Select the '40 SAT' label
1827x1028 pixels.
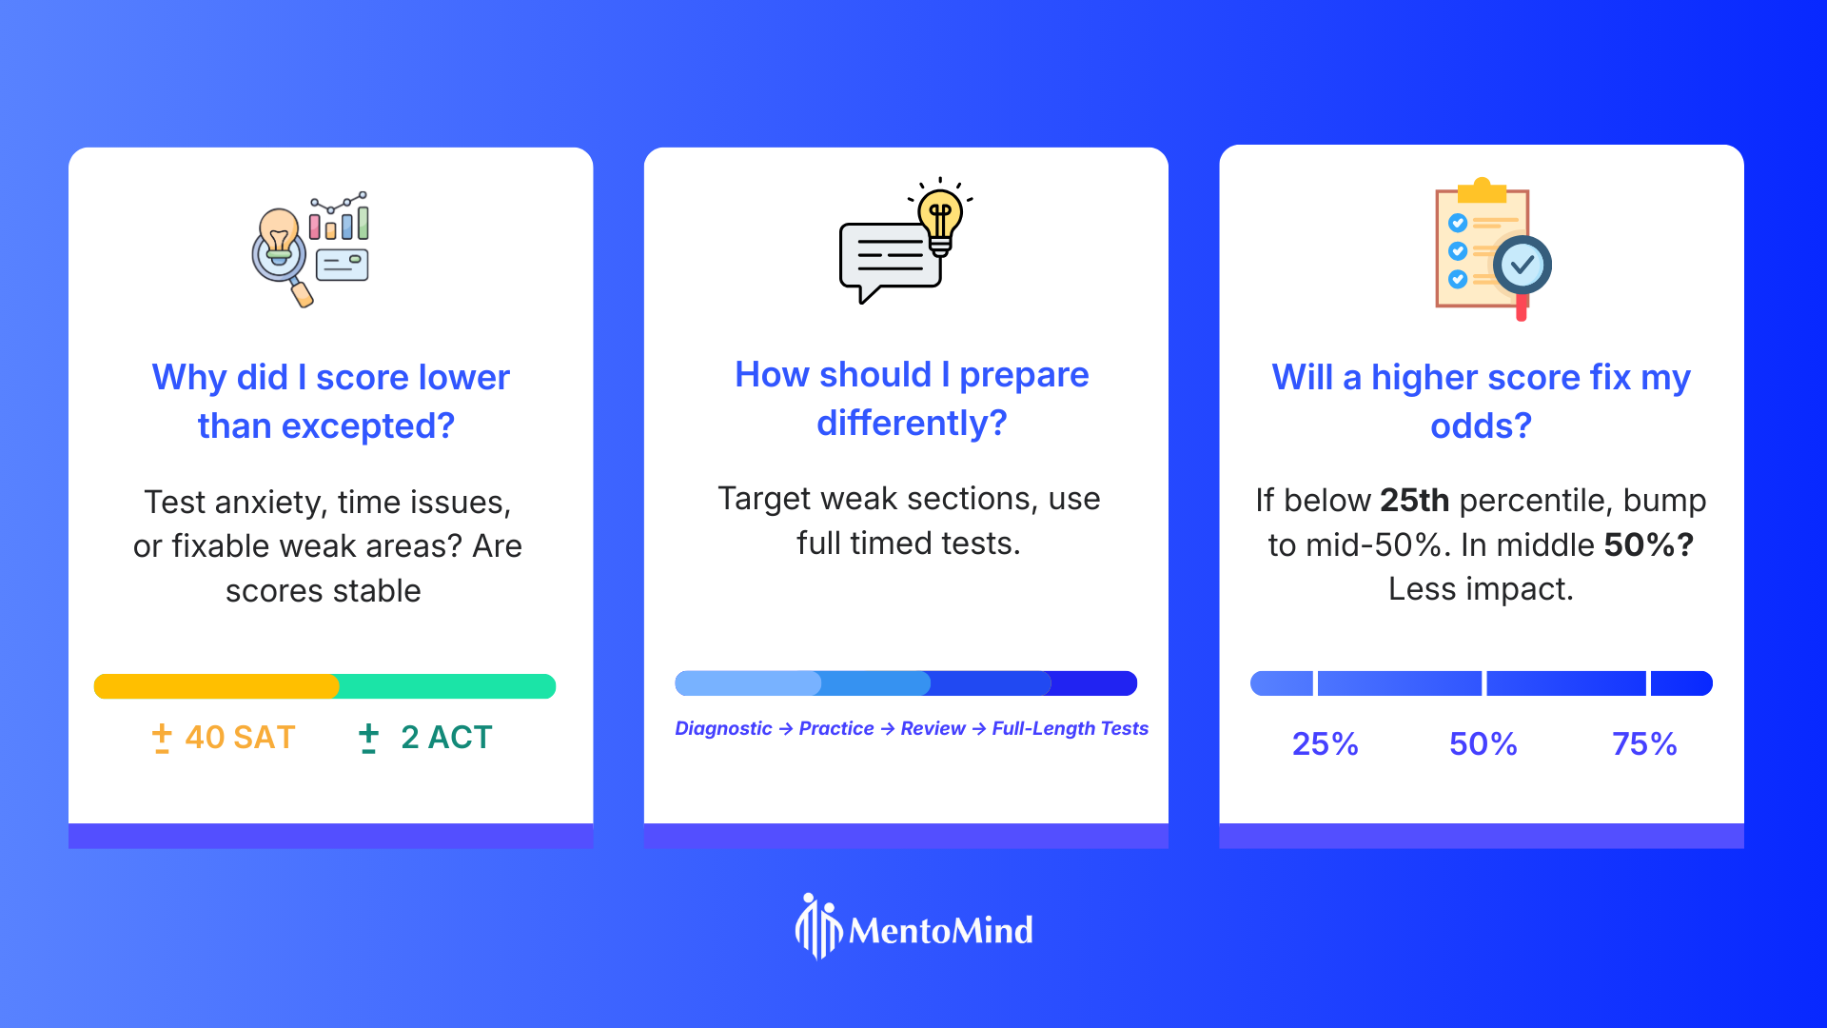coord(240,738)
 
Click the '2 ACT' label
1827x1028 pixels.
coord(446,738)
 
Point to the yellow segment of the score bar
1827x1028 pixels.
coord(216,686)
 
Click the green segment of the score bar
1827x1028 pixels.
coord(447,686)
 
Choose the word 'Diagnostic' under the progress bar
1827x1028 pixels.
coord(723,729)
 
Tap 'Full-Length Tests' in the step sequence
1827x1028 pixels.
coord(1071,729)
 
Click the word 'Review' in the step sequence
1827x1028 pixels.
coord(933,729)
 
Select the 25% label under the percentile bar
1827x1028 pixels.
coord(1325,744)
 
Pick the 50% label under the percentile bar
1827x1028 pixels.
coord(1483,744)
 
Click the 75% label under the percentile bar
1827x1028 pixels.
coord(1644,744)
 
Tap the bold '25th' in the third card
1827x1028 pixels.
coord(1414,501)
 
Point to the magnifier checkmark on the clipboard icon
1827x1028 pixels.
coord(1522,266)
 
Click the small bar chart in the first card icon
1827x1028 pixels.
coord(339,216)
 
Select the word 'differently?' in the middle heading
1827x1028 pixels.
coord(912,424)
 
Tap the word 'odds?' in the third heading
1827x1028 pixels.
coord(1482,426)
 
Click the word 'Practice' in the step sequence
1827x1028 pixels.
coord(836,729)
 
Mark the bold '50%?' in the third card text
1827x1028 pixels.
coord(1649,545)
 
